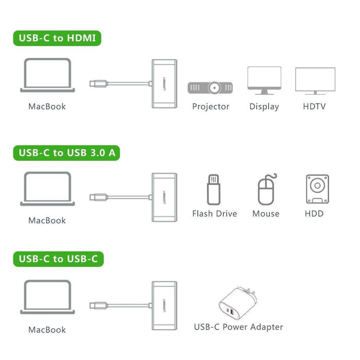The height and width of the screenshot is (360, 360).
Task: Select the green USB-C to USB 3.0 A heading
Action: pos(66,152)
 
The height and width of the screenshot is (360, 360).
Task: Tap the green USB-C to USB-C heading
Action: pos(58,259)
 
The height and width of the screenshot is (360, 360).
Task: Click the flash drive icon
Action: pos(213,190)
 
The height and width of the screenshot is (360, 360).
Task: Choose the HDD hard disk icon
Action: pos(317,189)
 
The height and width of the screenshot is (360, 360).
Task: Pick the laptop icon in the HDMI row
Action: pos(47,76)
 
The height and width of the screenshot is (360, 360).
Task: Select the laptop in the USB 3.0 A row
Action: pos(47,189)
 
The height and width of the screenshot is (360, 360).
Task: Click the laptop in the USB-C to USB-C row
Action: pos(47,297)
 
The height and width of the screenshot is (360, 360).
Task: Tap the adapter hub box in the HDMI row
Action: pos(164,83)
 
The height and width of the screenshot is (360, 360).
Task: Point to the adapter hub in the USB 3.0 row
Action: pos(164,197)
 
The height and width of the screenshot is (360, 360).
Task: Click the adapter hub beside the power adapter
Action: pos(164,305)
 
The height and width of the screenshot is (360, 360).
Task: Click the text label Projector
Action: pos(211,106)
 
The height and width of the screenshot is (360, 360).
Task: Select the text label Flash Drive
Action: pos(214,213)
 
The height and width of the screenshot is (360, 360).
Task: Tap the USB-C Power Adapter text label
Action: pos(239,327)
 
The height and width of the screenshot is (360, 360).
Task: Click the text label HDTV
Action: pos(314,106)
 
